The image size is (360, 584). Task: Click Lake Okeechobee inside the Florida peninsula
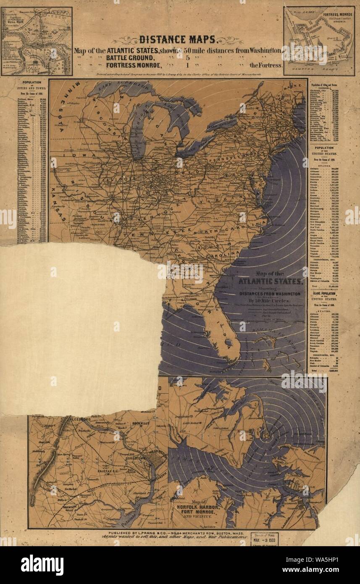coord(228,343)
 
